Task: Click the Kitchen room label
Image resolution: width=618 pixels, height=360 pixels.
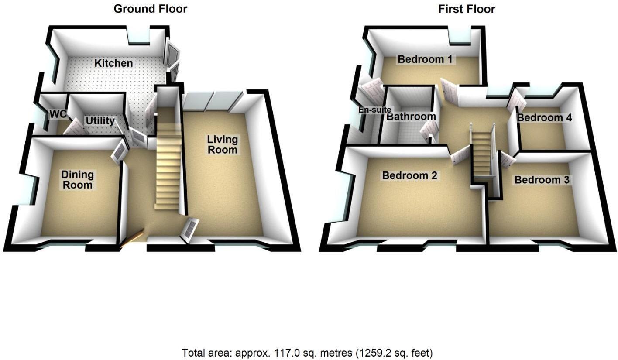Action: pos(114,63)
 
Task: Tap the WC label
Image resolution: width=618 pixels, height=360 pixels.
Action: pos(58,114)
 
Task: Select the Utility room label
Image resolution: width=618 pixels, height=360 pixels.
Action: pos(100,120)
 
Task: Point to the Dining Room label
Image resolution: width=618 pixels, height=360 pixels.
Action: pos(77,180)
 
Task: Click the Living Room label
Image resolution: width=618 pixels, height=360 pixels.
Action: pos(223,145)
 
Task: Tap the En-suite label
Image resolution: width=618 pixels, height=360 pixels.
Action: pos(374,110)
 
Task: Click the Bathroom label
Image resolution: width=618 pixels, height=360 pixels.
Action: pos(411,117)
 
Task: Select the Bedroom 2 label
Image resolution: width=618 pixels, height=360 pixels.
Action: pos(409,175)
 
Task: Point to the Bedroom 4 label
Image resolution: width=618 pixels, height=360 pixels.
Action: pos(544,117)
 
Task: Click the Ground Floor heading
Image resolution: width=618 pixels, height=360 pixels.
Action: pos(151,9)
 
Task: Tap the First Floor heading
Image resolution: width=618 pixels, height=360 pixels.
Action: pos(467,9)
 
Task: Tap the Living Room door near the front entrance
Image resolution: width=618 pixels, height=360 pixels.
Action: pos(190,228)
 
